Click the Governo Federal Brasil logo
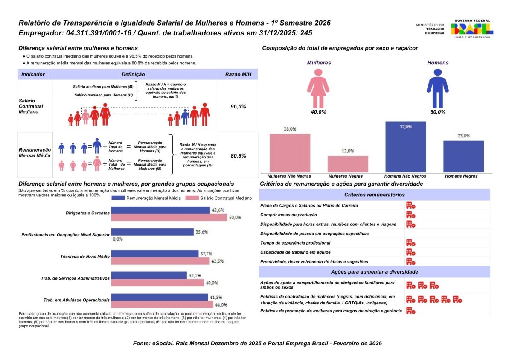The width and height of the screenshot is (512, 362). (x=472, y=29)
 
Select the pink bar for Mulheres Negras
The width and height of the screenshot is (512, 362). (x=348, y=164)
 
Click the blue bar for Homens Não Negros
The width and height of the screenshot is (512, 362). (x=405, y=147)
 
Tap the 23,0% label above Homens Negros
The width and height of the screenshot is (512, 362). (x=464, y=136)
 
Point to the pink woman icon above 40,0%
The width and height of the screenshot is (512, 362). (x=318, y=88)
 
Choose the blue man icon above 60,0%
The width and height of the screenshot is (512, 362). (x=437, y=88)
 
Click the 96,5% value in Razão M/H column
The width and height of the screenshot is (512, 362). (x=238, y=106)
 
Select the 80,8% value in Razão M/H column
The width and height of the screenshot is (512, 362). (x=238, y=156)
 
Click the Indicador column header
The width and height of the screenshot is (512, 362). (x=33, y=74)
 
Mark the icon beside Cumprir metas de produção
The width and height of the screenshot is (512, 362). (x=411, y=215)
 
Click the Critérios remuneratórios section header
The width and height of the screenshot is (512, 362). (x=374, y=195)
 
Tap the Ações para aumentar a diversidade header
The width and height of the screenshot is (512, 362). (x=374, y=271)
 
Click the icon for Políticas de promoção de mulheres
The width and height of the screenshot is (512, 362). (x=411, y=311)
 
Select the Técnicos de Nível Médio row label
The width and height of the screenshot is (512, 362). (x=85, y=257)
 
